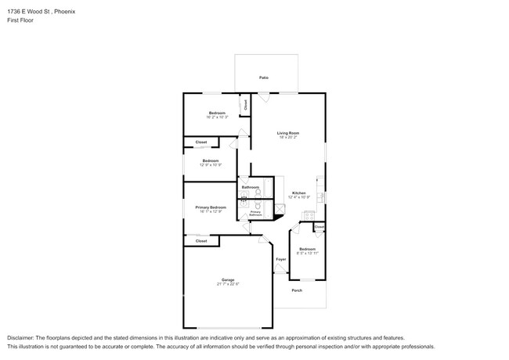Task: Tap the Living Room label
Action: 288,133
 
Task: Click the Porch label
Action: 297,290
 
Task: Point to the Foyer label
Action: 280,259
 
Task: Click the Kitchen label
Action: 299,193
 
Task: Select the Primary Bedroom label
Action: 211,207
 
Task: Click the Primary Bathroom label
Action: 255,212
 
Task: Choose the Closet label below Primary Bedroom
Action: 201,241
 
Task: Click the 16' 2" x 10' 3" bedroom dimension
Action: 217,117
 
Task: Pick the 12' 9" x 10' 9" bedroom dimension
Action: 211,165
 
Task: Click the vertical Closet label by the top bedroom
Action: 245,103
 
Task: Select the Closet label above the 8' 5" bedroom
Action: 319,227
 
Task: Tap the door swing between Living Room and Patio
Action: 265,97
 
